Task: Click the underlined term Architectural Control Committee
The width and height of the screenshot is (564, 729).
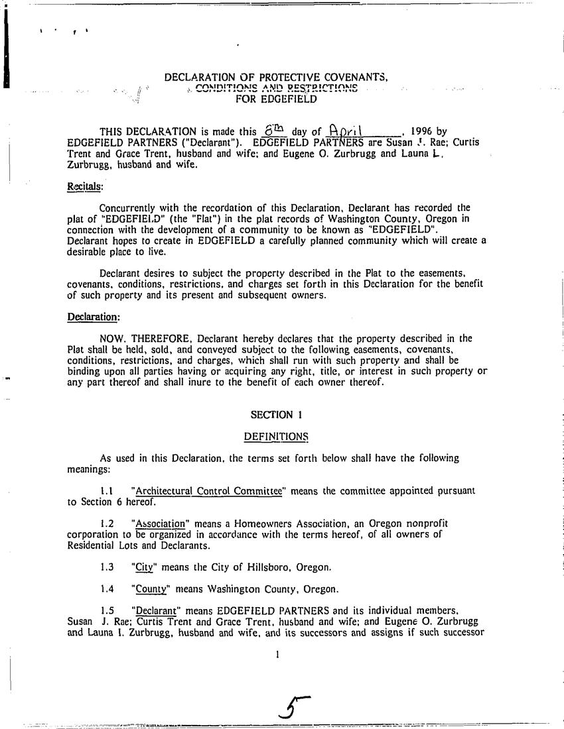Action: click(x=208, y=491)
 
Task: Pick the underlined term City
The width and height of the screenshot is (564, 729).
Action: click(x=144, y=567)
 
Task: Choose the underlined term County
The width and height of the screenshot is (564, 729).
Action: click(x=149, y=589)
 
